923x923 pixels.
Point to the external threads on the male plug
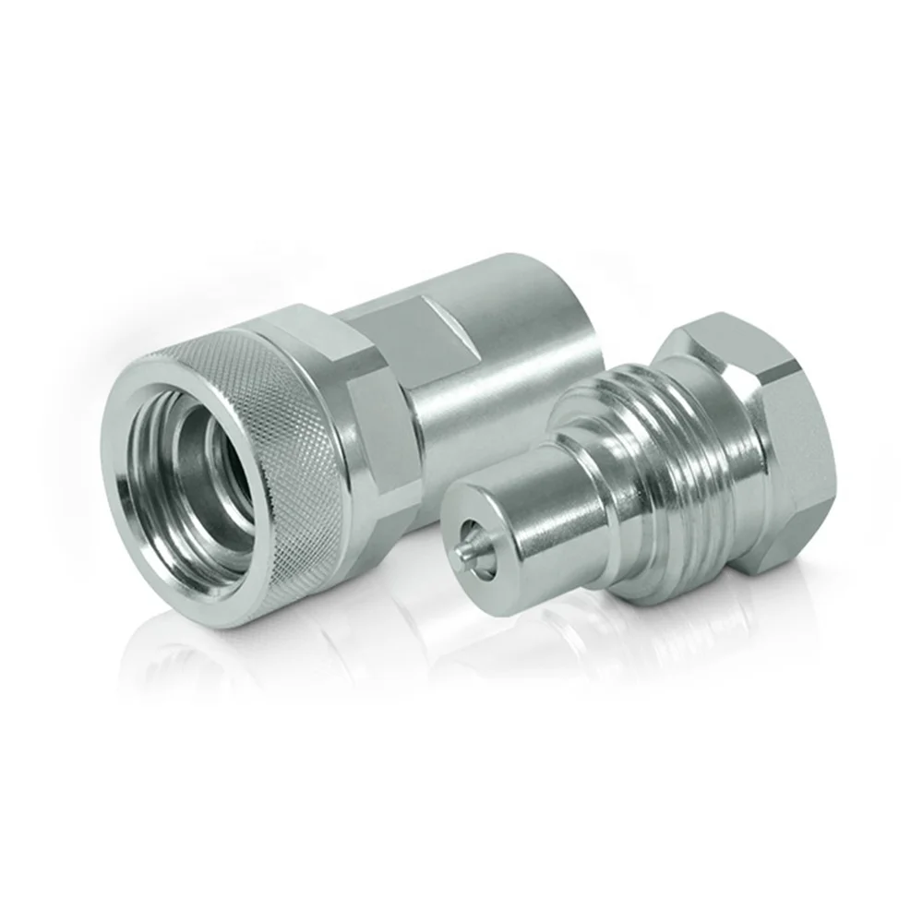point(665,480)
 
